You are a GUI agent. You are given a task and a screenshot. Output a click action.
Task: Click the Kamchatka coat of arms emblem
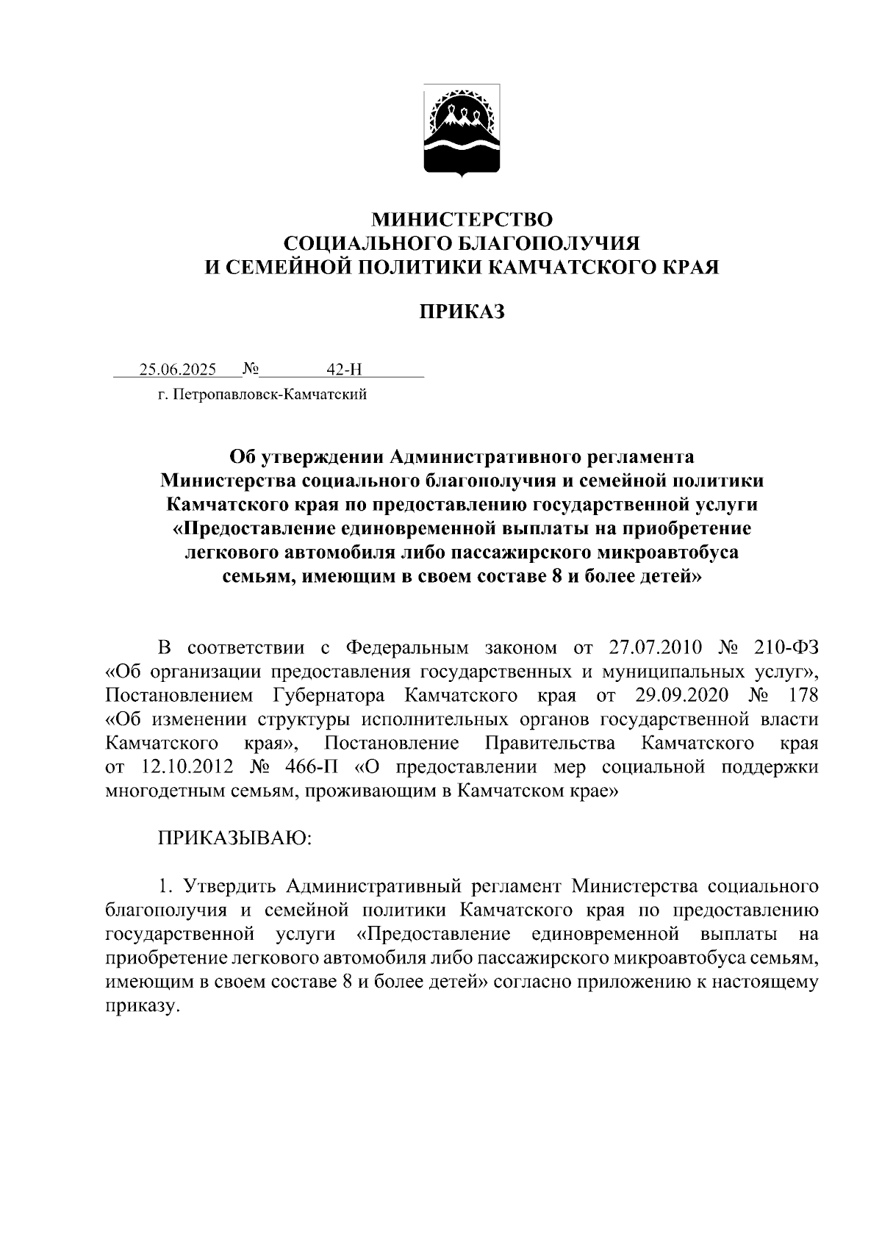pos(462,131)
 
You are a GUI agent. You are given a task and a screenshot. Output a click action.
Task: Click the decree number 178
pos(802,695)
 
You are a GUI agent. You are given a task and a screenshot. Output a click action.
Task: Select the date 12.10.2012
pos(185,767)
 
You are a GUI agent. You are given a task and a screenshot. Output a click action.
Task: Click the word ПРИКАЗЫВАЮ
pos(235,838)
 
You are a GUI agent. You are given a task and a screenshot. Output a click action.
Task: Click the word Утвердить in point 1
pos(229,886)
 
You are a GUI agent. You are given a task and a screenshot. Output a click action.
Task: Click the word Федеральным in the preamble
pos(406,647)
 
